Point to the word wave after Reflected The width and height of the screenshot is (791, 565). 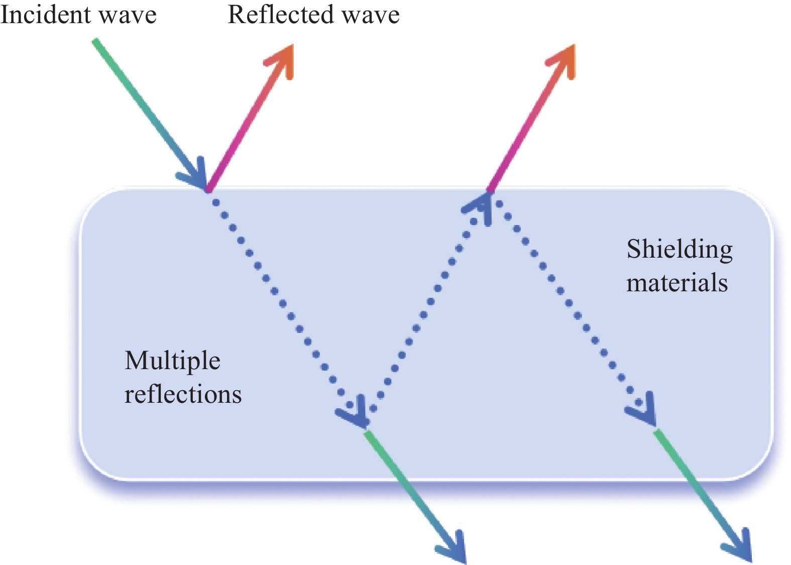pyautogui.click(x=372, y=15)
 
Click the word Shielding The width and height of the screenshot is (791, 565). pyautogui.click(x=680, y=250)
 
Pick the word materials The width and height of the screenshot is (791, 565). pyautogui.click(x=677, y=283)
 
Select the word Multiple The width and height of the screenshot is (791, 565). pyautogui.click(x=172, y=361)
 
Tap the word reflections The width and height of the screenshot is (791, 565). pyautogui.click(x=183, y=394)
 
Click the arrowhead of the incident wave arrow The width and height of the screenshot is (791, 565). pyautogui.click(x=196, y=176)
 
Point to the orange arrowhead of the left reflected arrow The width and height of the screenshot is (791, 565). pyautogui.click(x=283, y=58)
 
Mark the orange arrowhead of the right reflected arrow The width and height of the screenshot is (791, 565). pyautogui.click(x=564, y=58)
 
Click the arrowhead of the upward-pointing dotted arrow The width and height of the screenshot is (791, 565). pyautogui.click(x=480, y=205)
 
